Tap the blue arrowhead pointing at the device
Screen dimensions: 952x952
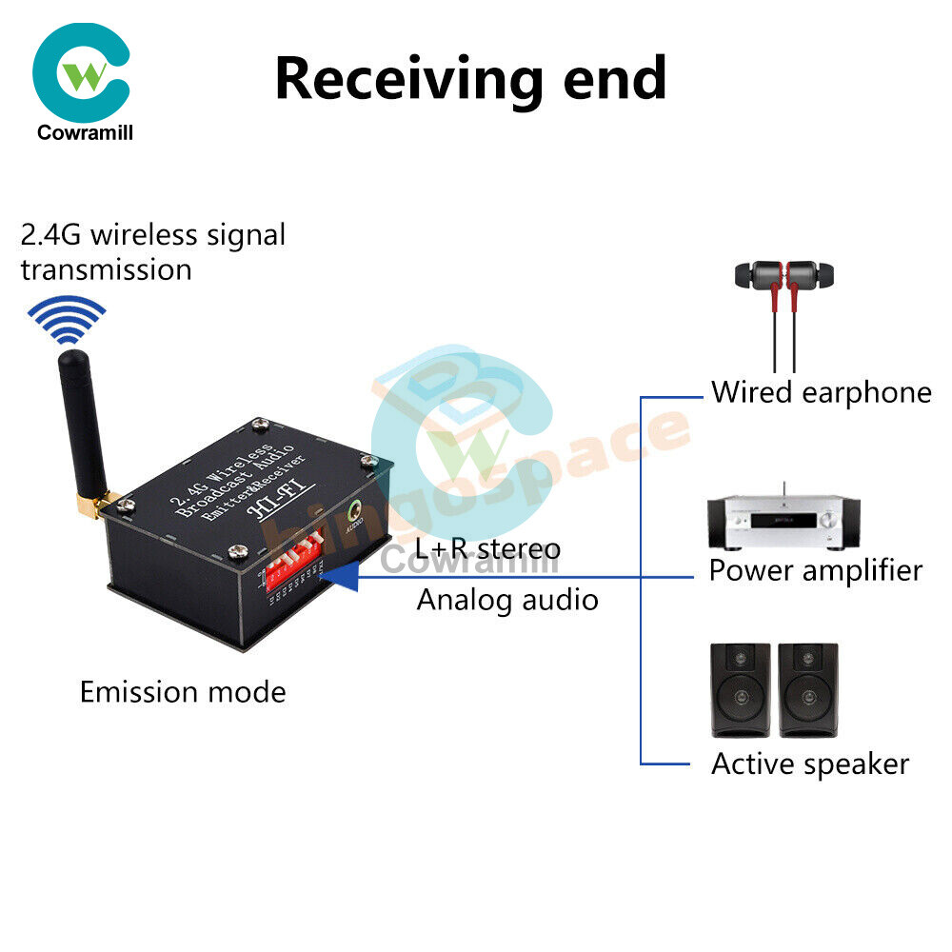coord(343,576)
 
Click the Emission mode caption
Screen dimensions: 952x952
coord(183,691)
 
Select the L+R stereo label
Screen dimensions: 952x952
coord(488,548)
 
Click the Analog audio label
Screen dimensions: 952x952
coord(507,600)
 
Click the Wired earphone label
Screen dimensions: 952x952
coord(821,392)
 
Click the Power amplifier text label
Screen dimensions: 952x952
coord(816,570)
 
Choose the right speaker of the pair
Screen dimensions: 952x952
coord(808,689)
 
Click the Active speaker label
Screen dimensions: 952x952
coord(810,764)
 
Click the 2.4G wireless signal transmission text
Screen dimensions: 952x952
coord(152,251)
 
